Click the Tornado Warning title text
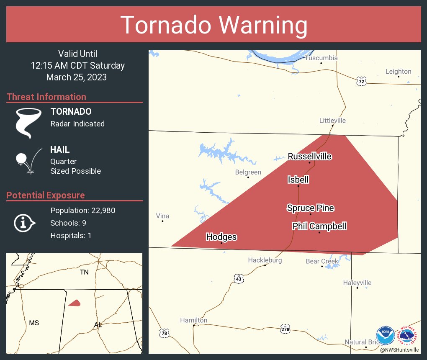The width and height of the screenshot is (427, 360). [x=213, y=25]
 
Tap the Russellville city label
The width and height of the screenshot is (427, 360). [x=310, y=157]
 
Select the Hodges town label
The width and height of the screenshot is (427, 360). [x=221, y=237]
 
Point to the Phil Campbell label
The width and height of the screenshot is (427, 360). [x=319, y=226]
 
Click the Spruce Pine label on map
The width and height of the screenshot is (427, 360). [x=310, y=208]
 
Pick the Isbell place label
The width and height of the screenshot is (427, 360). [x=298, y=180]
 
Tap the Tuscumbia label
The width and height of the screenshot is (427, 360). [x=321, y=58]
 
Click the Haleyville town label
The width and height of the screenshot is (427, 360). [x=357, y=283]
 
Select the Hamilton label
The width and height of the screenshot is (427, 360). [x=193, y=320]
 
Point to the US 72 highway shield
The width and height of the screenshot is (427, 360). [x=361, y=81]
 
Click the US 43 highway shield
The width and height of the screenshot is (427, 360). [x=239, y=278]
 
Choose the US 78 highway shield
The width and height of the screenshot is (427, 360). [x=164, y=333]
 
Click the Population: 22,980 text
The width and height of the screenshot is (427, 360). [x=83, y=210]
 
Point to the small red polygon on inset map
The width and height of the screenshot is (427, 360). [x=75, y=303]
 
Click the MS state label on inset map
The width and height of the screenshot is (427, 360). [x=34, y=323]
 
